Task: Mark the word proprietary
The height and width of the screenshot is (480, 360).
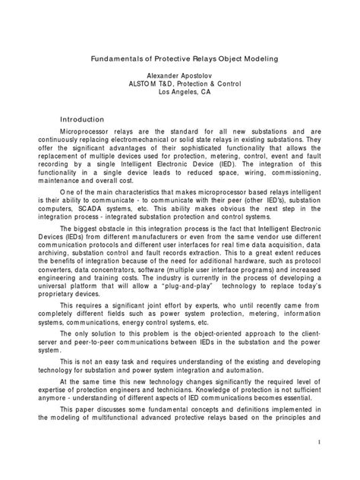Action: point(77,307)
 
